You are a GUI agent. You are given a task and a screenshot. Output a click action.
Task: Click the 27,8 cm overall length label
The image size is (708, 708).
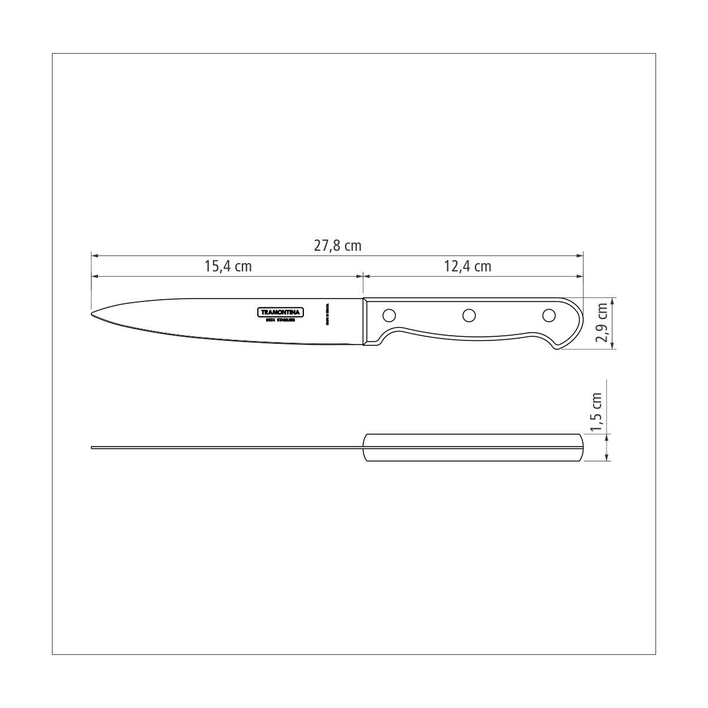(337, 245)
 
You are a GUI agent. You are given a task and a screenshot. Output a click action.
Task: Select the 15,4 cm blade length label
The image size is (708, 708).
(228, 266)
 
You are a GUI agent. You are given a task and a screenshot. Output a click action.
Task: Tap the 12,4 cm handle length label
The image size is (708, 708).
(467, 266)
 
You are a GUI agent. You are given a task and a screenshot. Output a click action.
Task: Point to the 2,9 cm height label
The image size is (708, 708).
(602, 323)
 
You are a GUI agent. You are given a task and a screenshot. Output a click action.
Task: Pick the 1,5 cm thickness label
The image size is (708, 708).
(596, 412)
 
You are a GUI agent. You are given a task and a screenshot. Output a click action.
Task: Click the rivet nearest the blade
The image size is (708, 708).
(389, 314)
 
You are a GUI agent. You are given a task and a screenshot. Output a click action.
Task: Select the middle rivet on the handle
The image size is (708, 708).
(469, 316)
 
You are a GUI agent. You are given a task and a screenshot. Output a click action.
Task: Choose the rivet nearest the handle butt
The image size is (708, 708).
(549, 316)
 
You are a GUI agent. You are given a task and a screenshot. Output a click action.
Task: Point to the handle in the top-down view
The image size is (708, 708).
(472, 448)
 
